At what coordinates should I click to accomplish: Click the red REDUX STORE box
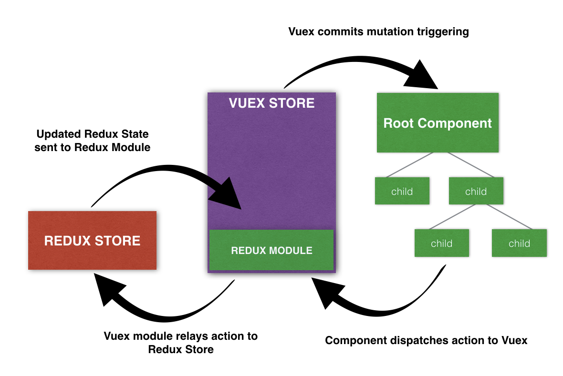pos(92,240)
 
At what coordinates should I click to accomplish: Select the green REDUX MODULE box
pos(271,250)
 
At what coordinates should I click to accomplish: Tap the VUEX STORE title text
pos(271,103)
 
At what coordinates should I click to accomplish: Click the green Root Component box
pos(438,123)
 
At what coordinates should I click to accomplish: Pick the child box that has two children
pos(476,191)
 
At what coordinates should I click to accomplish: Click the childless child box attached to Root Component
pos(402,191)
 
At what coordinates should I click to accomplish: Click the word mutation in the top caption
pos(384,32)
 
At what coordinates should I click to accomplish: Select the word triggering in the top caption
pos(444,32)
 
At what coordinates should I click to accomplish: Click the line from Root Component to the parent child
pos(462,165)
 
